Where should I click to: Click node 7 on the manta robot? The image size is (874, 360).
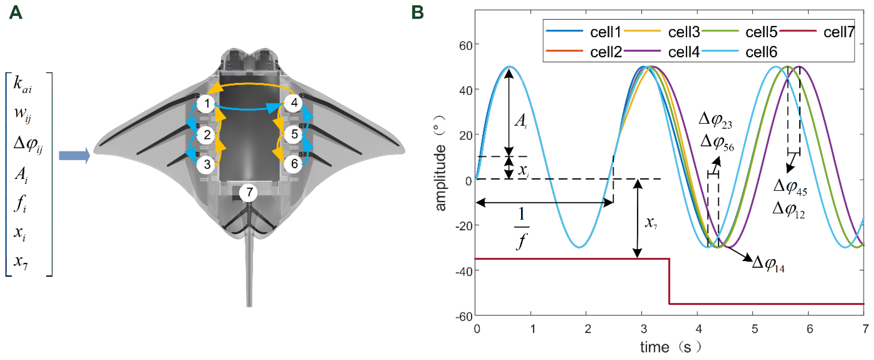(x=249, y=192)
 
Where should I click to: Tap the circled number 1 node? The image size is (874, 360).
(x=206, y=104)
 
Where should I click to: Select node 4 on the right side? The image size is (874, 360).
(x=294, y=102)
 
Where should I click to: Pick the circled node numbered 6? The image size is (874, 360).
(x=294, y=164)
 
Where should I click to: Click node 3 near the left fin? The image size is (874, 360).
(x=206, y=165)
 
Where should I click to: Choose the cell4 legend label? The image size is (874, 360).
(x=683, y=52)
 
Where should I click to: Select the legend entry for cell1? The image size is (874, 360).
(x=605, y=32)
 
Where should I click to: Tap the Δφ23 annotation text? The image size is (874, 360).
(x=715, y=121)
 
